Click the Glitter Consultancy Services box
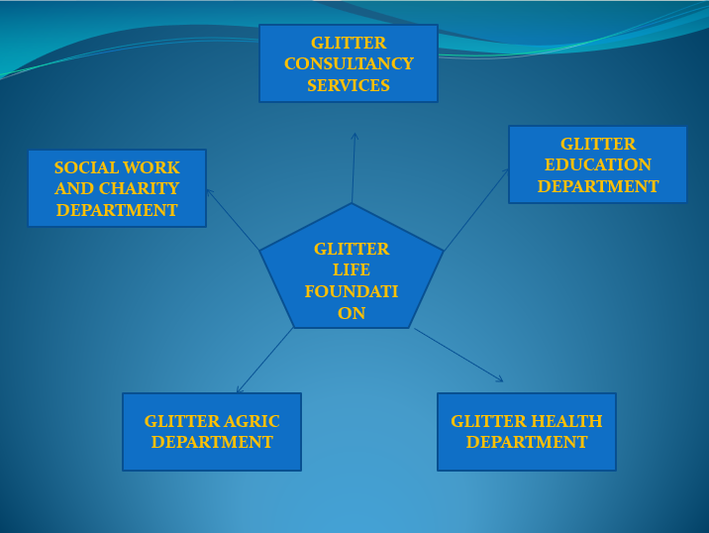click(x=349, y=63)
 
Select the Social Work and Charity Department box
click(x=117, y=188)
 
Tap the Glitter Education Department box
click(x=597, y=164)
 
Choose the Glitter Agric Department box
click(x=212, y=432)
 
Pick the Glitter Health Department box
click(x=527, y=432)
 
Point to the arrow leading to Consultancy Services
click(x=354, y=168)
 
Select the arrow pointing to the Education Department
click(x=476, y=209)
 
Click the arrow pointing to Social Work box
click(x=232, y=218)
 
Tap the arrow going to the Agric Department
click(x=264, y=362)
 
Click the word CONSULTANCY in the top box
click(x=349, y=64)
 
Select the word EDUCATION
click(x=598, y=164)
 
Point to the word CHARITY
click(x=139, y=188)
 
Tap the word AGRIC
click(x=254, y=421)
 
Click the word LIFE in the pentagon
click(x=352, y=269)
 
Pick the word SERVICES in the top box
click(x=349, y=85)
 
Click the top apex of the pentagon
click(x=352, y=205)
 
